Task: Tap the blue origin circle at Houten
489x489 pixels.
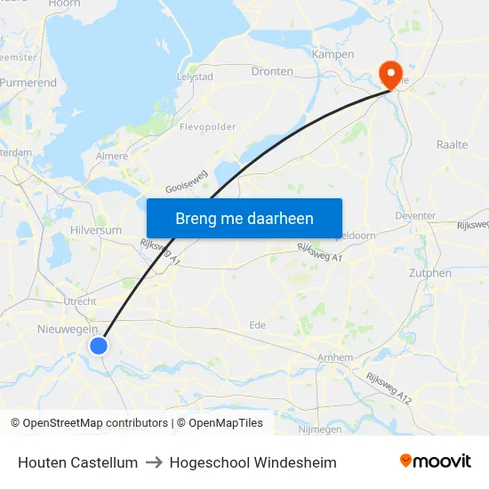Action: coord(99,345)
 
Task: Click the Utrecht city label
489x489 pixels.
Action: coord(79,302)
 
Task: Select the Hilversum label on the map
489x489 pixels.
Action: coord(95,230)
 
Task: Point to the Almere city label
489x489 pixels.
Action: coord(111,156)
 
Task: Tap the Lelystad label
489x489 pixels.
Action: coord(196,77)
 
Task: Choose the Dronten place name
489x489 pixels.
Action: coord(272,71)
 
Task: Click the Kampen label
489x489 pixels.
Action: coord(333,54)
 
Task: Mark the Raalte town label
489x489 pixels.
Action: coord(453,144)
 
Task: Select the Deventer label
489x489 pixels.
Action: coord(414,216)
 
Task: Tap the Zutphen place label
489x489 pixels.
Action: coord(430,273)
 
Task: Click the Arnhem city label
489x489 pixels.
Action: coord(335,357)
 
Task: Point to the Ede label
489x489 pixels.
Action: coord(258,325)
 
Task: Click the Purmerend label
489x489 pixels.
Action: coord(28,83)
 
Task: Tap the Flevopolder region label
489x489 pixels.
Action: coord(208,127)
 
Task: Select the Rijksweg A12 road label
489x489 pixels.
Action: coord(389,388)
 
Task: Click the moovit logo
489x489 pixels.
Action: coord(436,461)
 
